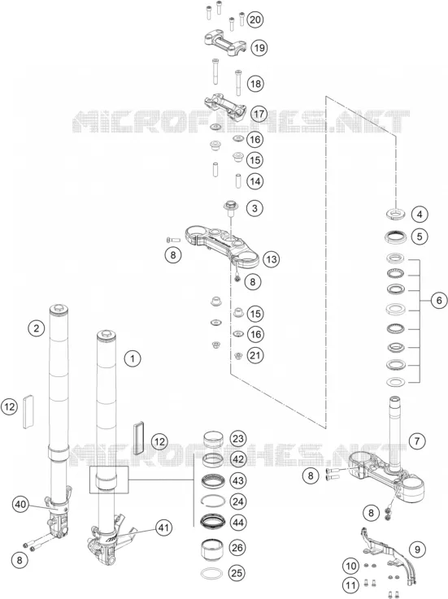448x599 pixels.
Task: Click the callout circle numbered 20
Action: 255,20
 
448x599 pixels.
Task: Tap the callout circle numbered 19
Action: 259,48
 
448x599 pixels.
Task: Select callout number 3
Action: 254,208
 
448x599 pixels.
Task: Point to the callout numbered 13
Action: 271,259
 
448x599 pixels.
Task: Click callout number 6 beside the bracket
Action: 439,301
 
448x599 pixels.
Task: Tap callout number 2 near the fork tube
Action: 37,328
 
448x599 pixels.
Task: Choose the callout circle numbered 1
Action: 133,358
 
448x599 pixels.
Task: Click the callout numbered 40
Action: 20,504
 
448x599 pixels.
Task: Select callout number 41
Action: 164,528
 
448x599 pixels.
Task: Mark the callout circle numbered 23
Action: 237,438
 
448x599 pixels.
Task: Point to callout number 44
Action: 237,523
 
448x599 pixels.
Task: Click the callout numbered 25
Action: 237,573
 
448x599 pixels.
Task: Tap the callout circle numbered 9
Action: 417,549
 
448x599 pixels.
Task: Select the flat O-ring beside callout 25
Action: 211,573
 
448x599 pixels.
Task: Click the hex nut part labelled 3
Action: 231,206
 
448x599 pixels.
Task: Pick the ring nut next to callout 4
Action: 396,213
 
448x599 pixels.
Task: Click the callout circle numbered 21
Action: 255,355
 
